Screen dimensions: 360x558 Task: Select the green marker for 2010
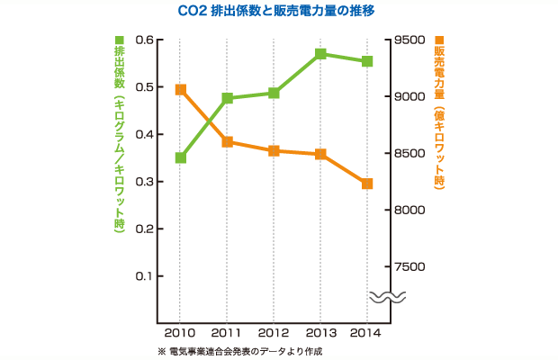click(x=180, y=157)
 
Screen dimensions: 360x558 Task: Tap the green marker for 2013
click(x=320, y=54)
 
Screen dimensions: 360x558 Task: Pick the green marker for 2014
click(x=367, y=61)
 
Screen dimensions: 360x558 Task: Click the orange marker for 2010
click(x=180, y=89)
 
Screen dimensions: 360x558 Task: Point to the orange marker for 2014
click(x=367, y=184)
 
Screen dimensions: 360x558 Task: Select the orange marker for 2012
click(x=274, y=150)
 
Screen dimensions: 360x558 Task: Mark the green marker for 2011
click(x=227, y=98)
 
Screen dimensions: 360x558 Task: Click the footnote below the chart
click(x=238, y=351)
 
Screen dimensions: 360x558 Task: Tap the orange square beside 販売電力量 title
click(x=439, y=40)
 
